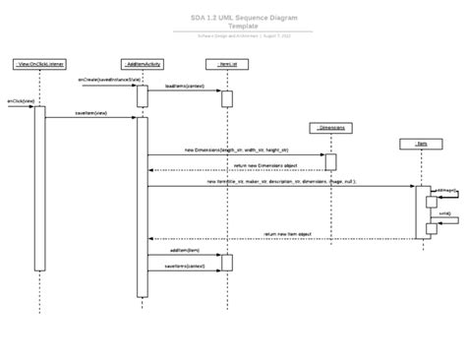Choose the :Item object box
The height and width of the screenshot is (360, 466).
point(420,144)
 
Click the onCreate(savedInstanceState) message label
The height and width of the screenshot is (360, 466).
point(103,80)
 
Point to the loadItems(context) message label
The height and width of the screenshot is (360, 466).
point(184,87)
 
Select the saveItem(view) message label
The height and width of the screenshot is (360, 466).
point(90,113)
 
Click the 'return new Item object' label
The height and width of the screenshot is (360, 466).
point(287,234)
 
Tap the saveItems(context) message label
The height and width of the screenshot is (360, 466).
point(184,265)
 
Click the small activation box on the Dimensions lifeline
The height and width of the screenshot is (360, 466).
point(330,162)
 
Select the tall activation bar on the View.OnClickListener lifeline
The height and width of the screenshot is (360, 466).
point(39,187)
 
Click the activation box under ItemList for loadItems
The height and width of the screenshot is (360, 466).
point(226,99)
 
